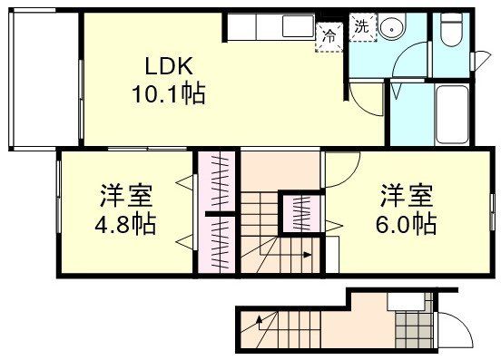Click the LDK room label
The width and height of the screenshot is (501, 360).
pyautogui.click(x=168, y=67)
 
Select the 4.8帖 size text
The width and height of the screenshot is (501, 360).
pyautogui.click(x=126, y=223)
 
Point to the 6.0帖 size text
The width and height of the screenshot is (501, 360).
pyautogui.click(x=405, y=223)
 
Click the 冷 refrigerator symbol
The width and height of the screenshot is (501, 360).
pyautogui.click(x=328, y=37)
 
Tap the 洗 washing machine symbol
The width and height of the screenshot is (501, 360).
pyautogui.click(x=361, y=26)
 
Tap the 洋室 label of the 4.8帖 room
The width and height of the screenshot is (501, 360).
pyautogui.click(x=126, y=195)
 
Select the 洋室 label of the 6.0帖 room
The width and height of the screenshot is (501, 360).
pyautogui.click(x=405, y=195)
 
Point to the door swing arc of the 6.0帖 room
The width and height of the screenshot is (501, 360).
pyautogui.click(x=343, y=170)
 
